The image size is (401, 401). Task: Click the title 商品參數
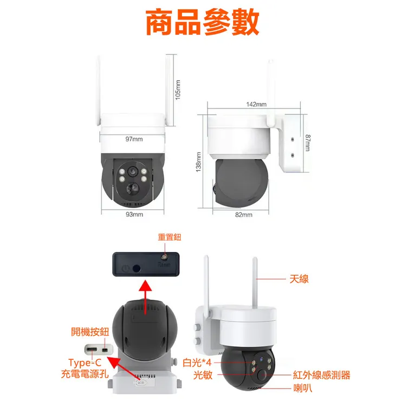coord(202,23)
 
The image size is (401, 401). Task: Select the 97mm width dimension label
coord(134,139)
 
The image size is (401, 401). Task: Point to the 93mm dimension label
coord(134,215)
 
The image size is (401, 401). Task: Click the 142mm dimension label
coord(256,104)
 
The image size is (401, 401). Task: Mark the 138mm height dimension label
coord(198,162)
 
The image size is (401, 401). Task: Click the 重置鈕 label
coord(169,237)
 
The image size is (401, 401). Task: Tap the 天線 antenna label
coord(299,279)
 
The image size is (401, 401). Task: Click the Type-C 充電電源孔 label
coord(85,368)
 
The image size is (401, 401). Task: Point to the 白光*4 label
coord(197,362)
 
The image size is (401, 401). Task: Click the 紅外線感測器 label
coord(321,374)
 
